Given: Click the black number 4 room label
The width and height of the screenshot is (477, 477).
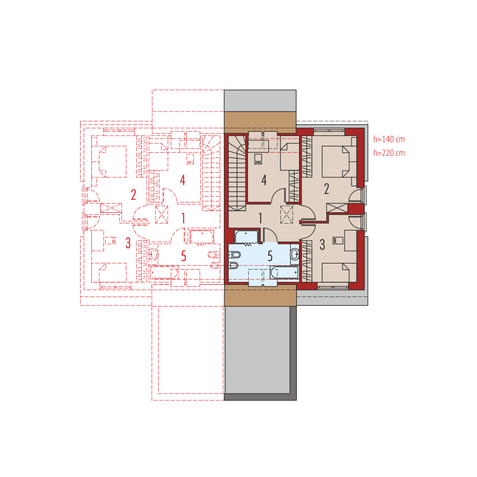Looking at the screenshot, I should point(263,180).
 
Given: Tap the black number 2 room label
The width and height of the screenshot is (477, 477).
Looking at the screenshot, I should point(326,189).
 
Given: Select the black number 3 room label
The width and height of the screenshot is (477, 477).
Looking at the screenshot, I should point(322,245).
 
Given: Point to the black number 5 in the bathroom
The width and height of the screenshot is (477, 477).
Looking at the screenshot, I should point(270,256).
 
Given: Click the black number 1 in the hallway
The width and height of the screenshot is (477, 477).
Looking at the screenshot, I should point(260,218).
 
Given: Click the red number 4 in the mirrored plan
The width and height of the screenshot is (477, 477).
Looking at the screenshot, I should point(182,180).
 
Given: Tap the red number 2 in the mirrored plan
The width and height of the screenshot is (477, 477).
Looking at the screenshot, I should point(134,195).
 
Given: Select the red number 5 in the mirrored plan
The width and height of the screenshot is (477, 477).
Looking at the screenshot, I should point(183,256).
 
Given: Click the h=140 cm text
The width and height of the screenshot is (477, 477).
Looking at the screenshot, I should point(389,139).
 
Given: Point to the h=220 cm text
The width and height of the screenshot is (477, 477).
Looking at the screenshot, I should point(389,153).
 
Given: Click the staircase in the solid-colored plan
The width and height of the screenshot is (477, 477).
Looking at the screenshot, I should point(237,172).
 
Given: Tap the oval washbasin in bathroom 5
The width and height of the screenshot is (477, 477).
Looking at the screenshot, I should point(295,254).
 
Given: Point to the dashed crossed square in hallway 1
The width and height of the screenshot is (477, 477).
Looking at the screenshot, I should point(287,214).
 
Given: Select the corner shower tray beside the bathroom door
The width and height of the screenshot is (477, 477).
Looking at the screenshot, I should point(247,237).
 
